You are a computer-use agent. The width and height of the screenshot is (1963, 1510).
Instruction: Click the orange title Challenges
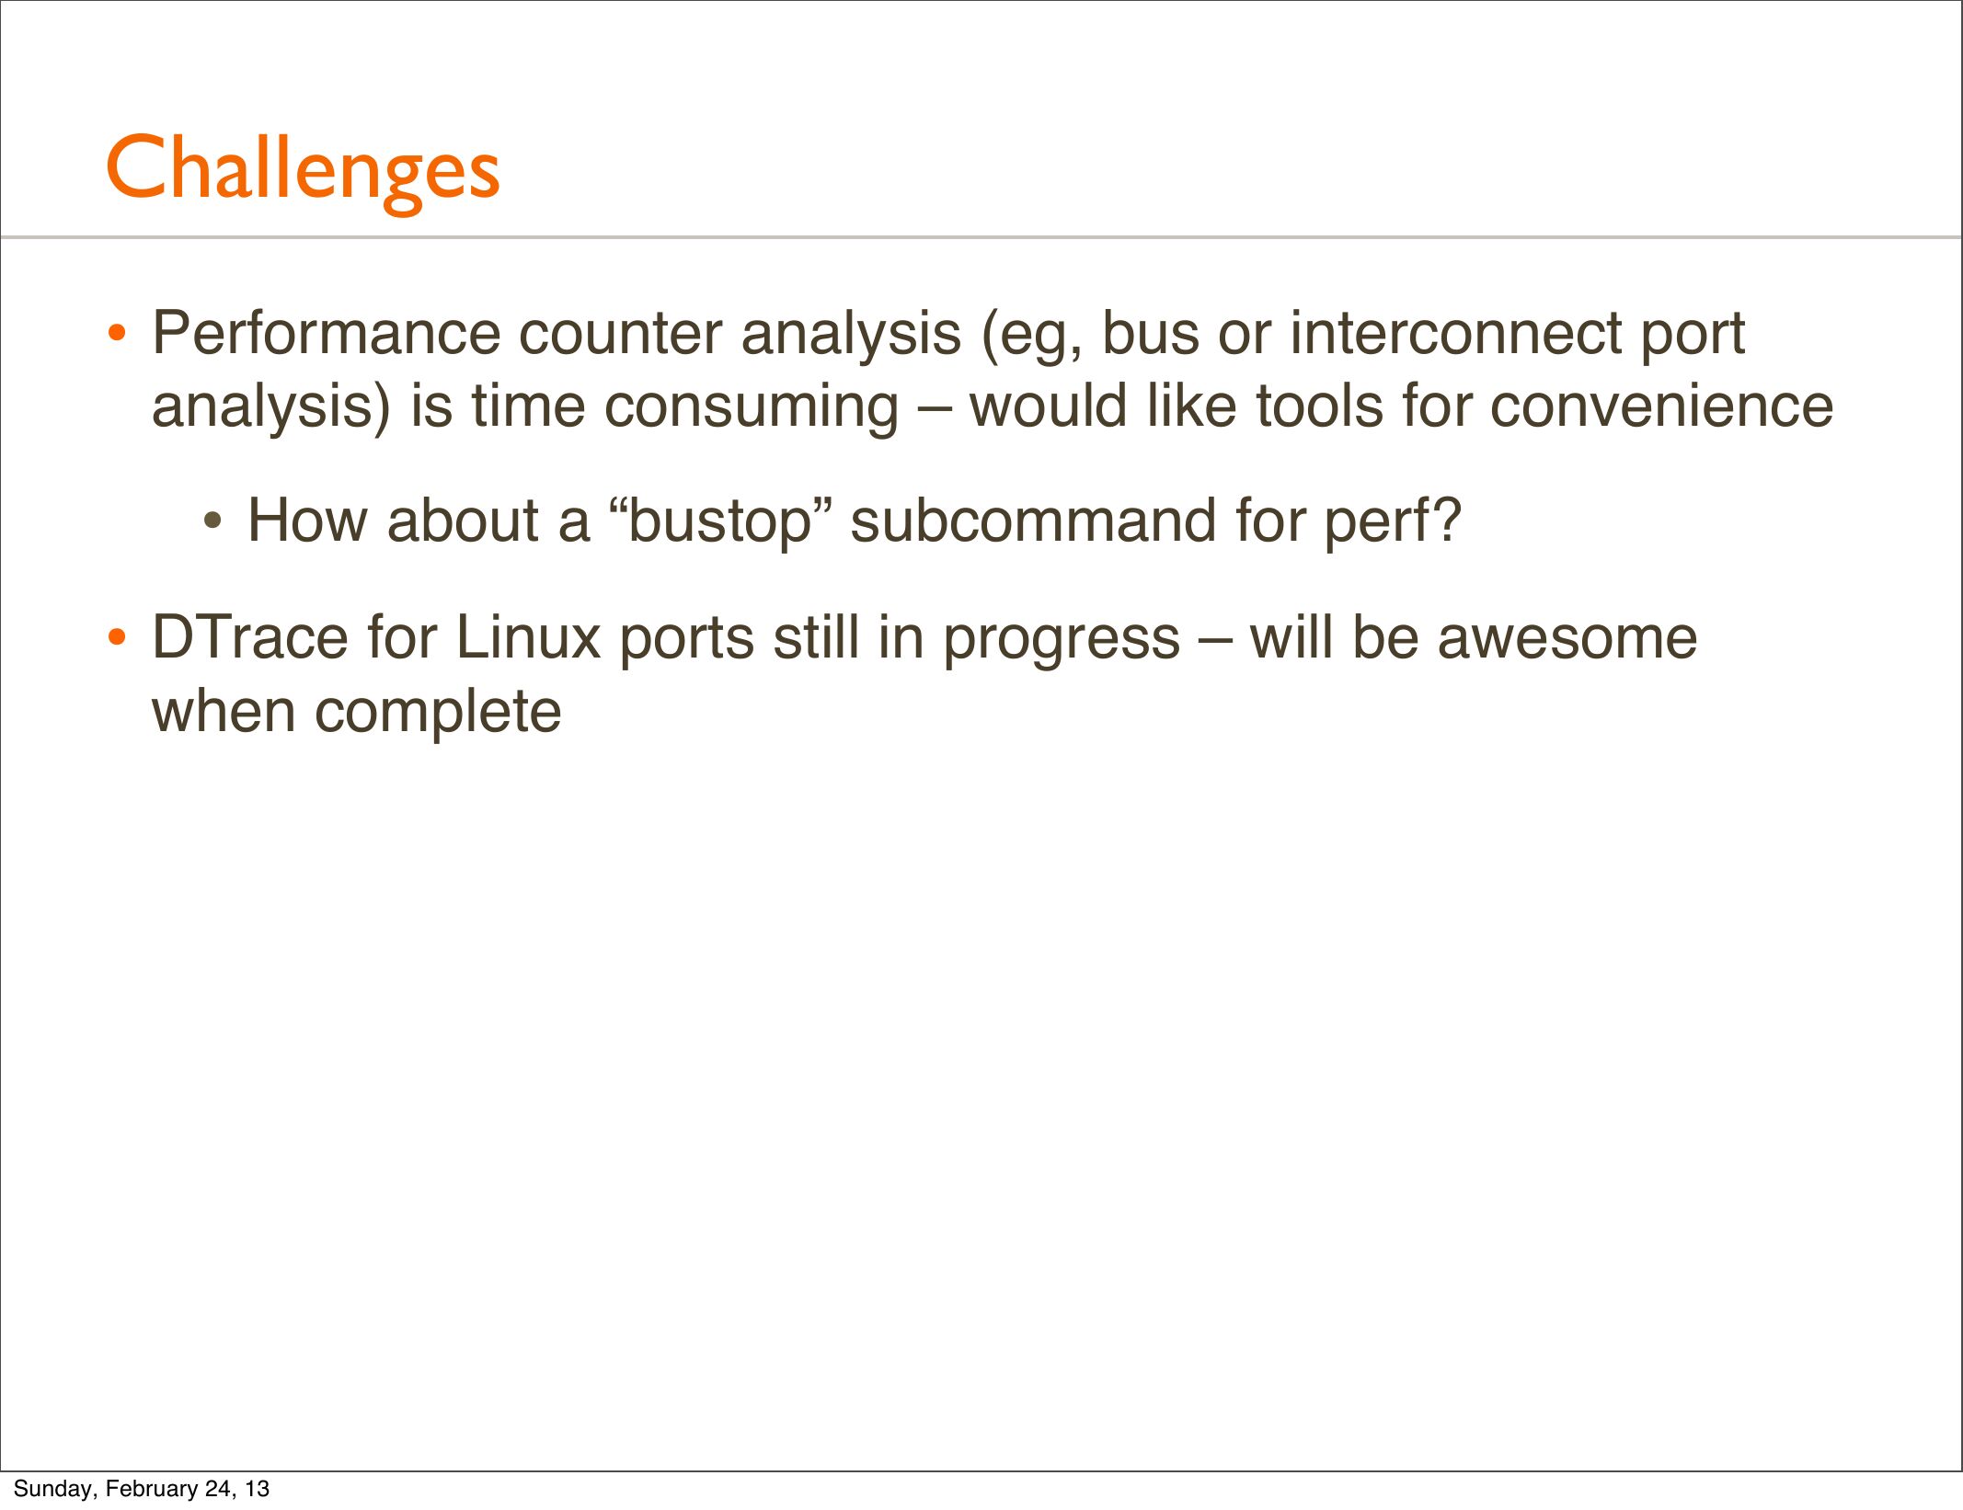click(x=303, y=171)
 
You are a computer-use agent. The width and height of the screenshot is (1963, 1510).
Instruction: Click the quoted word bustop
click(x=722, y=521)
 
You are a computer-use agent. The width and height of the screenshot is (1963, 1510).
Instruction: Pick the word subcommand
click(x=1033, y=520)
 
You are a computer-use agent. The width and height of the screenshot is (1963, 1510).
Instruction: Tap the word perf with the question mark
click(x=1392, y=521)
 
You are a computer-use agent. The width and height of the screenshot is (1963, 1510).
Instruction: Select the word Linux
click(x=527, y=637)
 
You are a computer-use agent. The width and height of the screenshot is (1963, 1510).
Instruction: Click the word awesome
click(x=1567, y=639)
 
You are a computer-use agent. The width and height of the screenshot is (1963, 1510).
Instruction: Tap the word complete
click(x=437, y=713)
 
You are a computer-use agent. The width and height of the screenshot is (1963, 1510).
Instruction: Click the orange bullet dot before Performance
click(x=116, y=334)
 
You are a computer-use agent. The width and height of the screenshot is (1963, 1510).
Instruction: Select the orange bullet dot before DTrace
click(x=116, y=637)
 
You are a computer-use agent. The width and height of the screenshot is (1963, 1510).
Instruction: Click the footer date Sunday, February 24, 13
click(x=142, y=1488)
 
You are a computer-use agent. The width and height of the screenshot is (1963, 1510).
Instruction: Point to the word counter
click(x=620, y=334)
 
